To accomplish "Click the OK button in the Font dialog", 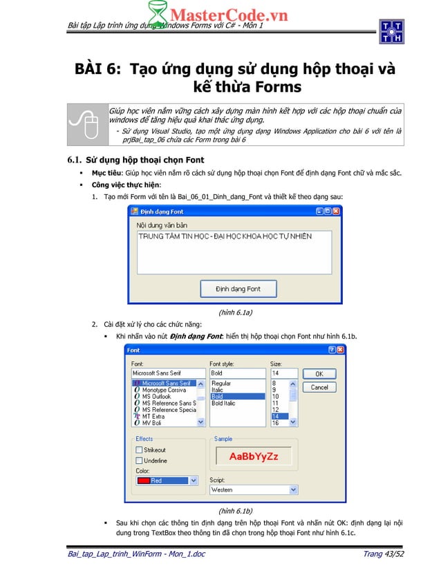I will point(319,373).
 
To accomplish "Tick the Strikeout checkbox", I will point(139,450).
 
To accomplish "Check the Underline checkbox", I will point(139,460).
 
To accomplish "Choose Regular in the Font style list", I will point(221,383).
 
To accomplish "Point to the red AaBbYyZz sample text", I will point(254,457).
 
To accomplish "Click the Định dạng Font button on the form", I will point(238,288).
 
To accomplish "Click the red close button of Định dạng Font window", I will point(335,212).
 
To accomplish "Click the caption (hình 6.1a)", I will point(235,312).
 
